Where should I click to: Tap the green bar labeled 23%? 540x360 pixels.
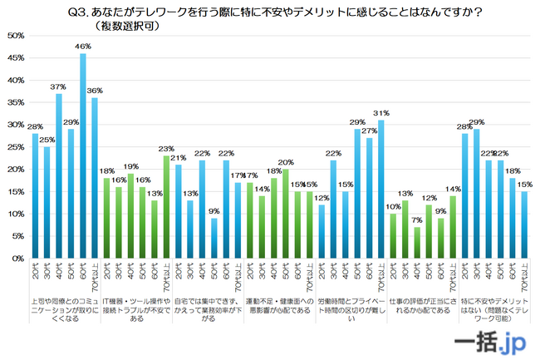(x=166, y=207)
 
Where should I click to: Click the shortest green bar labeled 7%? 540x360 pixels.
(x=416, y=243)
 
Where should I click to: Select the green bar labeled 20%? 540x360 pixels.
(x=285, y=214)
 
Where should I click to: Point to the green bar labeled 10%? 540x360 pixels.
(x=393, y=236)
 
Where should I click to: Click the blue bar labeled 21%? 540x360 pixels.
(x=178, y=212)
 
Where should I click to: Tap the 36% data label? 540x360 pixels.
(x=95, y=91)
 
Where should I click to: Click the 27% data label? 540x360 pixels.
(x=370, y=131)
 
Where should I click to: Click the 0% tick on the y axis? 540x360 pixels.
(x=17, y=259)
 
